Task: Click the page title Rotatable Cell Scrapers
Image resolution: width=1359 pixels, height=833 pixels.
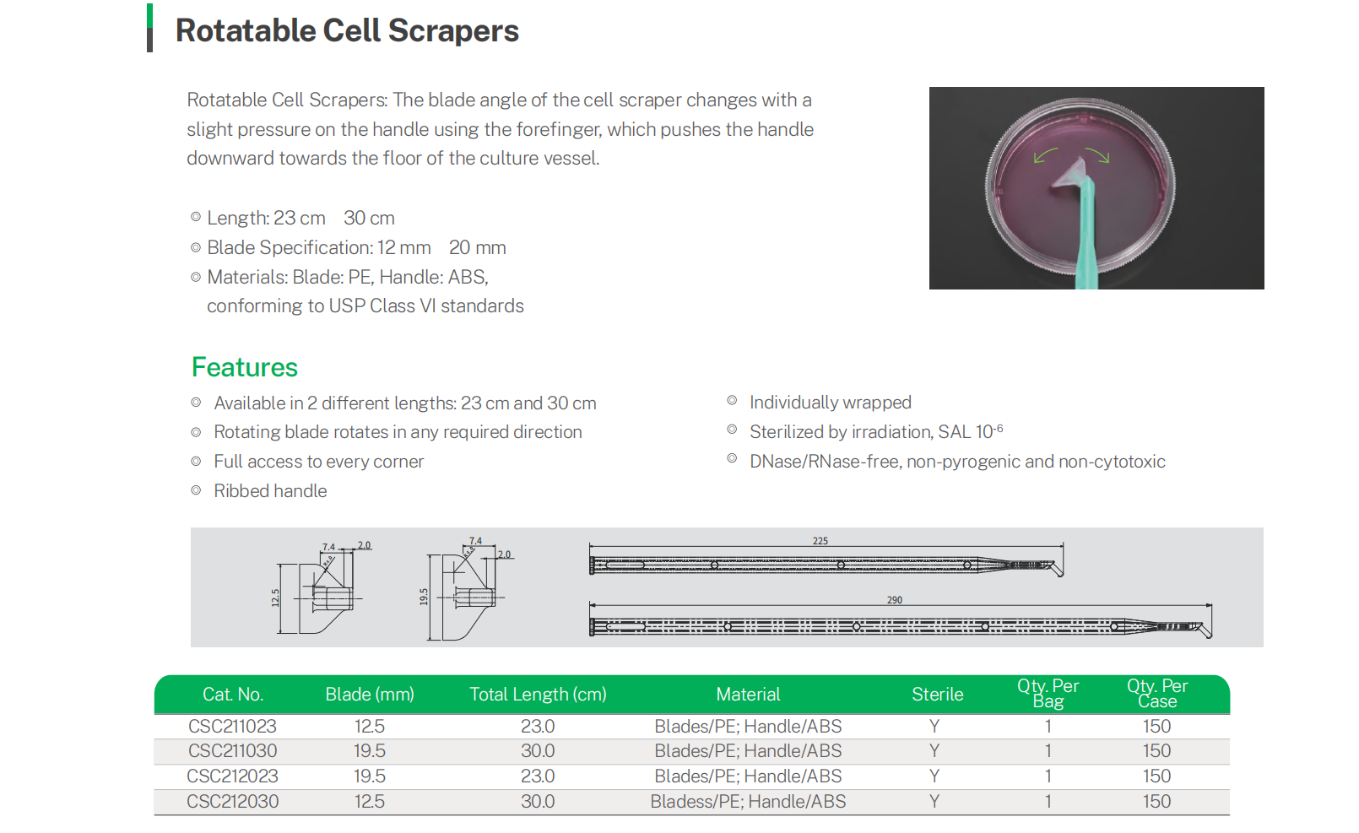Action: point(347,30)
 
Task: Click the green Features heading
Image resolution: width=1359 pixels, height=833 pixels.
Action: point(245,367)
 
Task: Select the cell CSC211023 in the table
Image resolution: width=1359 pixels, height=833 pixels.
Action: point(232,726)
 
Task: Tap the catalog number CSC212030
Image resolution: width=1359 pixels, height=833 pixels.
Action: point(232,802)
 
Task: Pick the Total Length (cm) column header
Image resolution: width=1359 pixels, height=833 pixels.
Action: point(539,694)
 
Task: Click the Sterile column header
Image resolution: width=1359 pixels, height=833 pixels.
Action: point(937,694)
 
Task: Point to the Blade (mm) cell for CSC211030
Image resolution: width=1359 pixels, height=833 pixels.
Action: point(370,751)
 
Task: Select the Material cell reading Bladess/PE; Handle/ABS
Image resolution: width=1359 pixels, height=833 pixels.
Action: point(748,802)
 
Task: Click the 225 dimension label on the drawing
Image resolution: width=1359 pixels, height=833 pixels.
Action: point(820,541)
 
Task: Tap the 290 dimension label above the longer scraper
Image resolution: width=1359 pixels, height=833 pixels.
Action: point(895,600)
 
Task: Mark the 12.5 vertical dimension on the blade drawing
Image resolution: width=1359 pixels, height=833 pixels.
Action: point(275,598)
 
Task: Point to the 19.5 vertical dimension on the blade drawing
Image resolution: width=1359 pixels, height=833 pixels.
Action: point(424,597)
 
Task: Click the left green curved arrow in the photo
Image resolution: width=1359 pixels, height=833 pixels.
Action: point(1044,154)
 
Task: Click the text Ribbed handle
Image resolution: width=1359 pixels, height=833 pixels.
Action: point(271,491)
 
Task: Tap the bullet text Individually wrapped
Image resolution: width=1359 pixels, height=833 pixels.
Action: point(831,403)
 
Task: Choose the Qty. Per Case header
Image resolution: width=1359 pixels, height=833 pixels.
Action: point(1157,694)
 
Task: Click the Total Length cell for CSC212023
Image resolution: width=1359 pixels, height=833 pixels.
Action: point(538,776)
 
